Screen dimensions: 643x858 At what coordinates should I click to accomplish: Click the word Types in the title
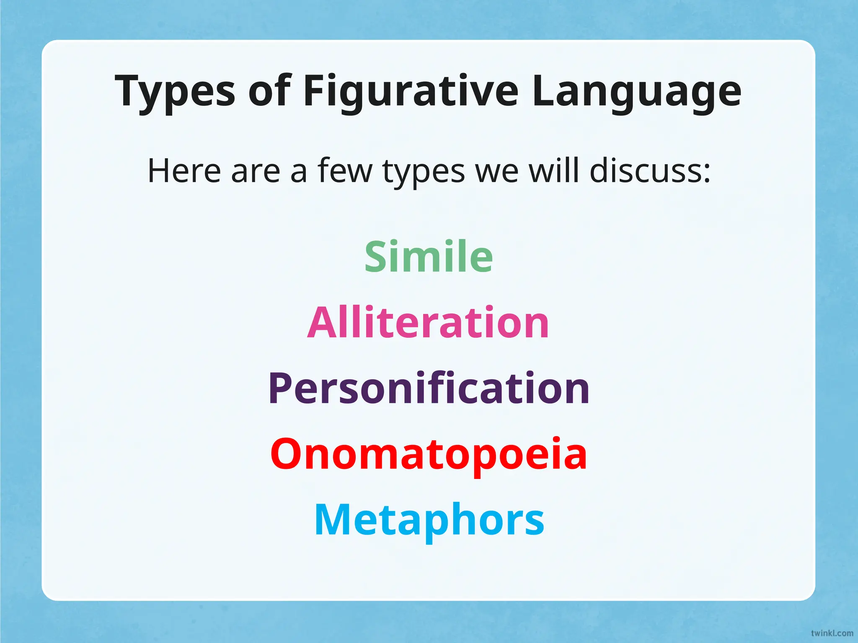pos(175,91)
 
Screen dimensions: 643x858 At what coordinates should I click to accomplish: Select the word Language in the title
pos(637,91)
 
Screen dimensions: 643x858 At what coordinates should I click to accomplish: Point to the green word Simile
pos(429,256)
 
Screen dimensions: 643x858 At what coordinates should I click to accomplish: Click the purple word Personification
pos(429,388)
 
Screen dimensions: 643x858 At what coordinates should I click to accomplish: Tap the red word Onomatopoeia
pos(429,454)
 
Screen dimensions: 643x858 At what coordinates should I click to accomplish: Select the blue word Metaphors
pos(429,520)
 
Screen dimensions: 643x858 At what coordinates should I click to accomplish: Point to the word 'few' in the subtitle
pos(345,171)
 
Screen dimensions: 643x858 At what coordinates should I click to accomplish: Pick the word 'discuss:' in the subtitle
pos(650,171)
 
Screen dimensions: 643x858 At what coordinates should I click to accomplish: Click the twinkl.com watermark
pos(832,633)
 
